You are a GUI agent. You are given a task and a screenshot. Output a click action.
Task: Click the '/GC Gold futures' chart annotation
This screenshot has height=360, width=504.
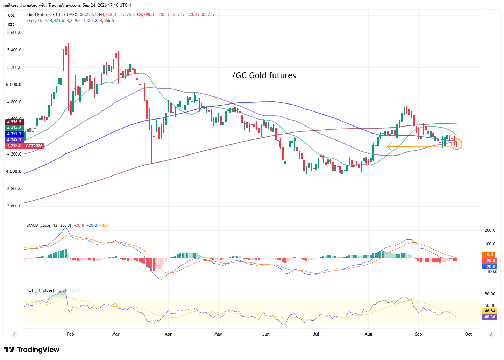[264, 75]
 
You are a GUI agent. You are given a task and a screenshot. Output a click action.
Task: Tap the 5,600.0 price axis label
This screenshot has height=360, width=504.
[14, 33]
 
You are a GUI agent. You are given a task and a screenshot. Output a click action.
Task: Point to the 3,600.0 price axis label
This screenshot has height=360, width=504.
[14, 206]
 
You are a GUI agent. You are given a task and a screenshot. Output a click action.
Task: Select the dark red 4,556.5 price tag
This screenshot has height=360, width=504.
[14, 122]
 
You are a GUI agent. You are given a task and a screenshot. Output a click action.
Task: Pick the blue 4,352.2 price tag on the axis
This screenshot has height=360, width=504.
[14, 134]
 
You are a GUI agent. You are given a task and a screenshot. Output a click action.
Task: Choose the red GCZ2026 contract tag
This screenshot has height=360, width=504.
[34, 146]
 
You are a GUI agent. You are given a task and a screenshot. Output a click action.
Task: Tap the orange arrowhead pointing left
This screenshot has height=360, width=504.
[389, 146]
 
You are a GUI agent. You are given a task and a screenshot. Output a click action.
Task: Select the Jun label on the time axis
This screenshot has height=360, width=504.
[266, 334]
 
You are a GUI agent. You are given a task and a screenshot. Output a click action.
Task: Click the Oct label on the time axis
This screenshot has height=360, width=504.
[468, 334]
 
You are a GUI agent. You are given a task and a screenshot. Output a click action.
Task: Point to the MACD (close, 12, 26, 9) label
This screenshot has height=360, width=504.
[49, 225]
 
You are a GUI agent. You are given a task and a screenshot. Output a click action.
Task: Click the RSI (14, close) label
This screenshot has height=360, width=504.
[41, 291]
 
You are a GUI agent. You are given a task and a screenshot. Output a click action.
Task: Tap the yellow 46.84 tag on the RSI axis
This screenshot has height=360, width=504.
[490, 311]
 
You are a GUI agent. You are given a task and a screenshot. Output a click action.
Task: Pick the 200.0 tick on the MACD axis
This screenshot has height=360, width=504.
[490, 230]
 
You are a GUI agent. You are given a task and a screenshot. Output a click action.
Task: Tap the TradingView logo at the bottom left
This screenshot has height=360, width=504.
[32, 350]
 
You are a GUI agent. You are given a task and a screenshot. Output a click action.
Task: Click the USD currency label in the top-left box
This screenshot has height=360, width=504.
[12, 15]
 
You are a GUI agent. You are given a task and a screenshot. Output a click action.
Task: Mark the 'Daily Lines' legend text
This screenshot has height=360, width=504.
[37, 21]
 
